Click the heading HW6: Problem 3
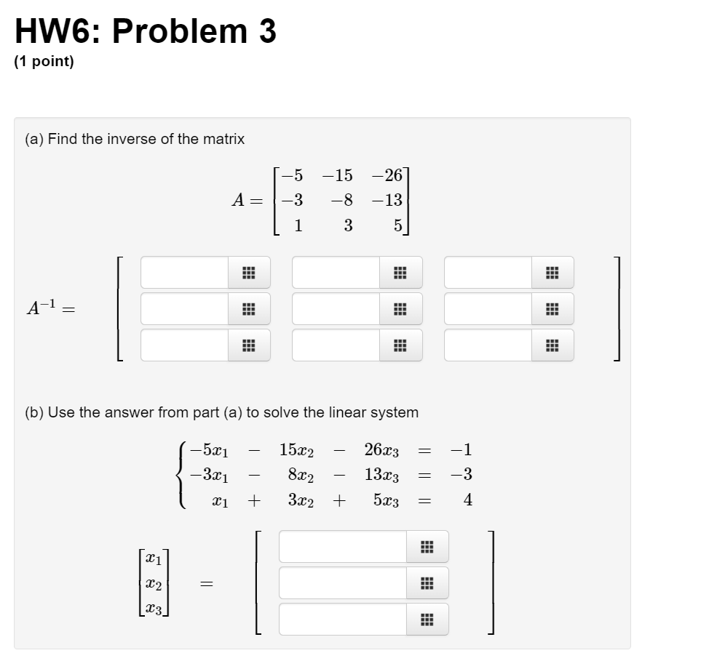pos(146,32)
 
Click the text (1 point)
pos(44,63)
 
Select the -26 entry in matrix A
pos(387,175)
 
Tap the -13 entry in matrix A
pos(387,200)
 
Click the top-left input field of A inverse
pos(185,273)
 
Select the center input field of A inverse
pos(336,309)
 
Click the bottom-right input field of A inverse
pos(488,345)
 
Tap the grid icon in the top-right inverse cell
pos(552,273)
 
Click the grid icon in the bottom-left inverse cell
pos(248,345)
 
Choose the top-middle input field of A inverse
pos(336,273)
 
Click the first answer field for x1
pos(342,547)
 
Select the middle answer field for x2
pos(342,583)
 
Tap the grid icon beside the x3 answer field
pos(427,620)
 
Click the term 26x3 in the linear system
pos(381,450)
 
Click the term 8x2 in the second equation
pos(301,475)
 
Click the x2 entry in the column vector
pos(153,583)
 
